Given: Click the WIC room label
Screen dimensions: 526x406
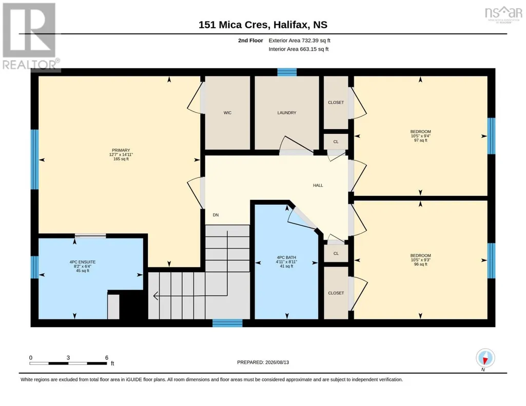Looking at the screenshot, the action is (227, 113).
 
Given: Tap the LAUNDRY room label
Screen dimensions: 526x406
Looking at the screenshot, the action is (287, 113).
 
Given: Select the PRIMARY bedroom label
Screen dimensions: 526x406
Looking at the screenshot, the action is (121, 150).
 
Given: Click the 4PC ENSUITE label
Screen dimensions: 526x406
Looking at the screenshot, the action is (83, 262).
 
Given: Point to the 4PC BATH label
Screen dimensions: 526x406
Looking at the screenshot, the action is (286, 258).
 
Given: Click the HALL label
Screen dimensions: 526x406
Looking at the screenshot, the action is (318, 185).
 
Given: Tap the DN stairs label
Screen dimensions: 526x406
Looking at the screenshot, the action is (216, 215).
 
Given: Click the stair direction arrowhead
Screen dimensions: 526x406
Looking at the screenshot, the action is (155, 296).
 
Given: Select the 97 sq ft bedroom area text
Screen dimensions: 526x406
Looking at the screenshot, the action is (421, 140).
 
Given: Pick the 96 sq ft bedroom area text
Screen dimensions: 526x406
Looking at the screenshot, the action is (421, 265).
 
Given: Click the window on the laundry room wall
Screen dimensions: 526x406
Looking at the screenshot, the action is (287, 72).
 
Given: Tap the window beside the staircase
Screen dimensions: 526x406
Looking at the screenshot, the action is (227, 323).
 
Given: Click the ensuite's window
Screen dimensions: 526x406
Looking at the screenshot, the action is (34, 267).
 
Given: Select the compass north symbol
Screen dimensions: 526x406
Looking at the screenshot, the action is (485, 358).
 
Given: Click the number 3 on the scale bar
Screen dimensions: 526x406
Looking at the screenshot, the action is (68, 357).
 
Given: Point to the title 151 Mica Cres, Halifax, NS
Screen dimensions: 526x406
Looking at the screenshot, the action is (263, 25).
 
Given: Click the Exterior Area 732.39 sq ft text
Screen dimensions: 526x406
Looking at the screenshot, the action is (300, 40).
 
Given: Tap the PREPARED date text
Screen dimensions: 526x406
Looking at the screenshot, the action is (263, 362).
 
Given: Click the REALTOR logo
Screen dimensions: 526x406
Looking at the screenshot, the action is (30, 36).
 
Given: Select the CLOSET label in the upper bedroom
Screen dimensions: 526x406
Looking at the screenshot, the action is (336, 103).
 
